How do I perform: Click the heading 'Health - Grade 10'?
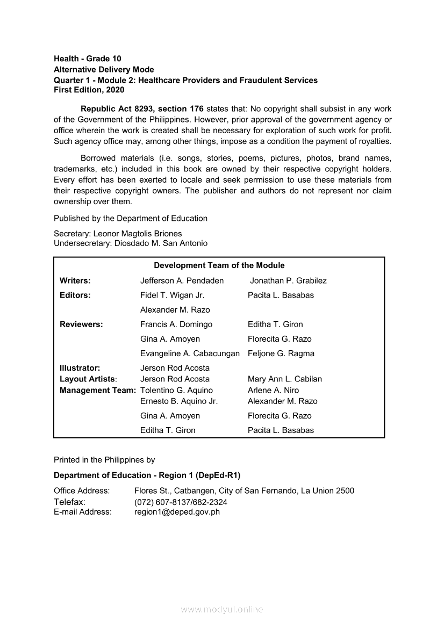click(87, 59)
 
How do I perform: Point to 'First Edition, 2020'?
click(89, 90)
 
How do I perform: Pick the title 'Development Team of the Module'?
click(219, 265)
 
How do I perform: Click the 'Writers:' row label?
click(75, 280)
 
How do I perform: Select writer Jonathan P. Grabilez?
click(288, 280)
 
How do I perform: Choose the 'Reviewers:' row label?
click(81, 324)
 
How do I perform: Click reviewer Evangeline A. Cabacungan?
click(190, 353)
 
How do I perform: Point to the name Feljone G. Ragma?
click(281, 353)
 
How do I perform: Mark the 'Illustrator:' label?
click(80, 368)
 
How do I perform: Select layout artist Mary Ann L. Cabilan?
click(285, 379)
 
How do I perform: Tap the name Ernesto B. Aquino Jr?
click(179, 401)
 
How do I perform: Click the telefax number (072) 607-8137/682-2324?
click(181, 502)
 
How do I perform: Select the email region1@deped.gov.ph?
click(177, 512)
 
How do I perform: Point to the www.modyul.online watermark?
click(222, 610)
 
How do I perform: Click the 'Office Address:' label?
click(82, 490)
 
